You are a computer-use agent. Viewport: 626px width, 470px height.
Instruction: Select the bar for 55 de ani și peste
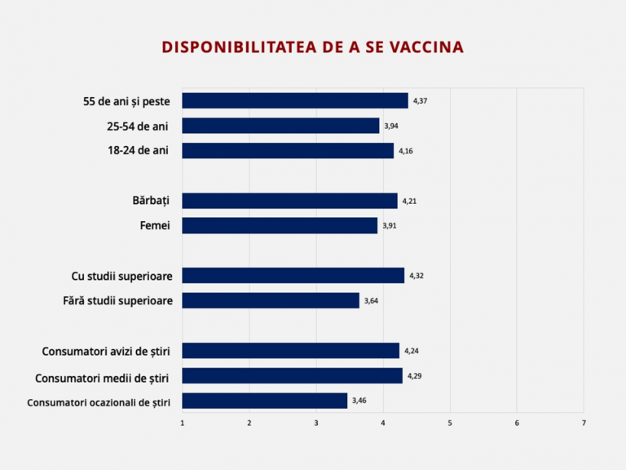pyautogui.click(x=294, y=100)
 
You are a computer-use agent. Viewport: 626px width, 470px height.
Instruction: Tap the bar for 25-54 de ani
pyautogui.click(x=280, y=126)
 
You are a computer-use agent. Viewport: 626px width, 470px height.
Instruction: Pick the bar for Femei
pyautogui.click(x=280, y=225)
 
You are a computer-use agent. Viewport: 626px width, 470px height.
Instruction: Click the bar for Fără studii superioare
pyautogui.click(x=271, y=300)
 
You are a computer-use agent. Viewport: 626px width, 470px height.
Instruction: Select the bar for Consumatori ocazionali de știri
pyautogui.click(x=264, y=401)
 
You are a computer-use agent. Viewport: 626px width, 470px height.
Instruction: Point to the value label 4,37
pyautogui.click(x=421, y=100)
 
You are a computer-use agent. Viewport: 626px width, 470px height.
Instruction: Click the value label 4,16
pyautogui.click(x=406, y=151)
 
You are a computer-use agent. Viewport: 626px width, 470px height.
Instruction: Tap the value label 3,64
pyautogui.click(x=371, y=300)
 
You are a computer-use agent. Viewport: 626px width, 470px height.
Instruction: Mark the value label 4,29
pyautogui.click(x=415, y=375)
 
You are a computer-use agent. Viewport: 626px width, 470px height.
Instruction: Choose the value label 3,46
pyautogui.click(x=359, y=401)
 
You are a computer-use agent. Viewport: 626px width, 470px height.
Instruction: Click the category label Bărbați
pyautogui.click(x=151, y=201)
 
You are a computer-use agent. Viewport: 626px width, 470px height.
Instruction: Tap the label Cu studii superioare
pyautogui.click(x=122, y=276)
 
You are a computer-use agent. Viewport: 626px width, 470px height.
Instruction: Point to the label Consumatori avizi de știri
pyautogui.click(x=106, y=351)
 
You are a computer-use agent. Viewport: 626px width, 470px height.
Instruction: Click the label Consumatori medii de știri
pyautogui.click(x=103, y=376)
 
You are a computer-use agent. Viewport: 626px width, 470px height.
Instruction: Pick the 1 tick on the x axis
pyautogui.click(x=182, y=423)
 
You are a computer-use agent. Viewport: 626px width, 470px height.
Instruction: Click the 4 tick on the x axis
pyautogui.click(x=383, y=423)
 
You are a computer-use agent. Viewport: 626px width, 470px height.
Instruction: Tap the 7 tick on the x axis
pyautogui.click(x=584, y=423)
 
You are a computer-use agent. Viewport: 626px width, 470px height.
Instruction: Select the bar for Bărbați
pyautogui.click(x=289, y=201)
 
